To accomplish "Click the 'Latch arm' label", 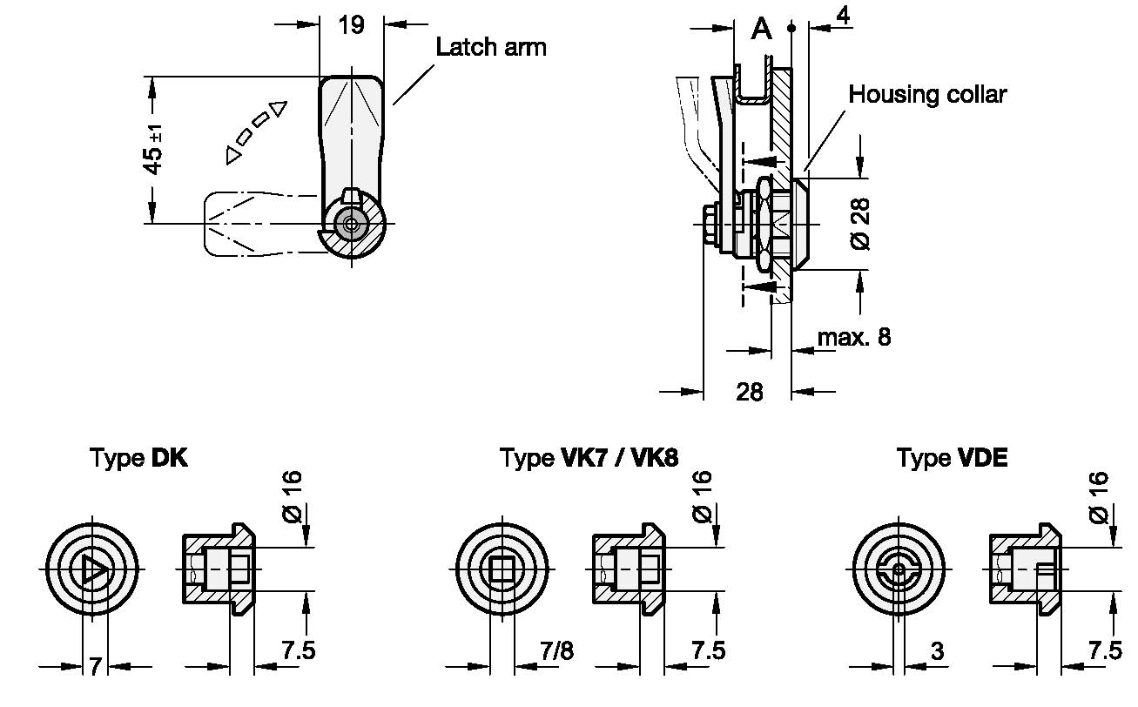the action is [491, 47].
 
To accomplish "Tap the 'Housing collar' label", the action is [927, 94].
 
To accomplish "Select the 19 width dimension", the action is [351, 25].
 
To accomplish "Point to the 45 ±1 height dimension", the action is [153, 150].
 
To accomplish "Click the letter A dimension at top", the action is [761, 29].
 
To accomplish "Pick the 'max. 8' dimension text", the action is [854, 337].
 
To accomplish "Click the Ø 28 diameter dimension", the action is [859, 224].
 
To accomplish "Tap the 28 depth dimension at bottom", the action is [750, 392].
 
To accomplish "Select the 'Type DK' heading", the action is [138, 458].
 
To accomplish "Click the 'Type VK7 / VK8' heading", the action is [589, 458].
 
